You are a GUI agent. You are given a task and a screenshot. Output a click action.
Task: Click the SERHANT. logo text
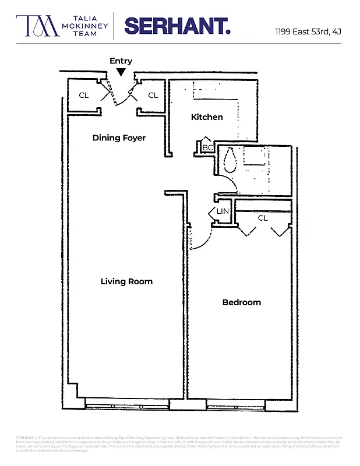tap(177, 26)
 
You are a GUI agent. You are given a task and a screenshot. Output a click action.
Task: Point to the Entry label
tap(121, 61)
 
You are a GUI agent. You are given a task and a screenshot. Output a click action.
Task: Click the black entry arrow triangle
tap(121, 72)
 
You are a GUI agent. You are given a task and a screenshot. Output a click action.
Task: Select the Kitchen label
tap(207, 117)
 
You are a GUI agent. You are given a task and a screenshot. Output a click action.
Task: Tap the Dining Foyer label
tap(119, 138)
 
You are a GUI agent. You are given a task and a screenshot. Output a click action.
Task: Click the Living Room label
tap(126, 281)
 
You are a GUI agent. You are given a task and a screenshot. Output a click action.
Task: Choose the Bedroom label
tap(242, 302)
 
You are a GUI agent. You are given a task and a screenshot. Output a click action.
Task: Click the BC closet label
tap(207, 148)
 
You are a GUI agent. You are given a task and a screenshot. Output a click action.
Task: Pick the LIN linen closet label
tap(223, 211)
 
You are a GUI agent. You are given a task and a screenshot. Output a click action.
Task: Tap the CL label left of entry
tap(84, 95)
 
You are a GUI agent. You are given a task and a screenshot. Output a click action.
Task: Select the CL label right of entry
tap(153, 95)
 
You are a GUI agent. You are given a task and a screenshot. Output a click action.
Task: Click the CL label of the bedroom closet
tap(263, 218)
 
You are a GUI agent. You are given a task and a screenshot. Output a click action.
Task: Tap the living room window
tap(126, 402)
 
